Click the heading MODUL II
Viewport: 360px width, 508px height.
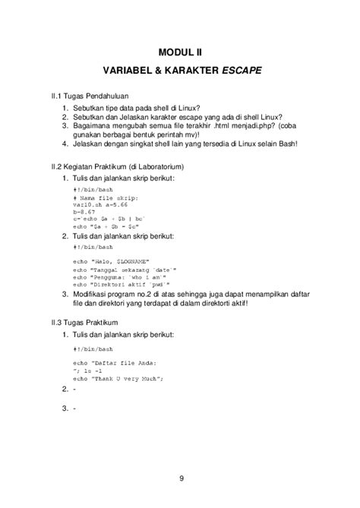pos(179,52)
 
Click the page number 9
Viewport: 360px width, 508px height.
pos(180,478)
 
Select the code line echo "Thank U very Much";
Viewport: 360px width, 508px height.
pos(117,377)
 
